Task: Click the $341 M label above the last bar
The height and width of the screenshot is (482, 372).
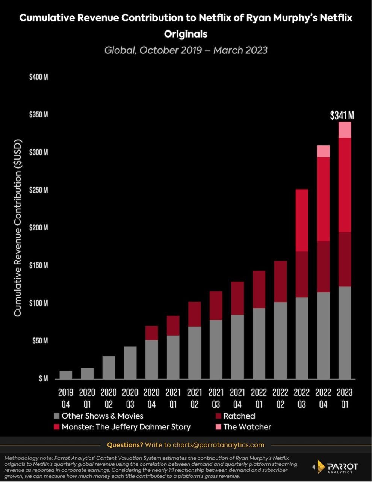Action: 342,116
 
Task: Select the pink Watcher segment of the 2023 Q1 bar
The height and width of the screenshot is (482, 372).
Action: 345,130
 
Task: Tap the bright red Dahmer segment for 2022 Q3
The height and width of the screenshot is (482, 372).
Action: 302,220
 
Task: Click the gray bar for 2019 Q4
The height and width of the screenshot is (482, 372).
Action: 66,375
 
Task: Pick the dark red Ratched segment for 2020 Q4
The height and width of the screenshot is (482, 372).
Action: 151,333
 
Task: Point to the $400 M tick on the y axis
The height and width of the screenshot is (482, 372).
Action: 39,77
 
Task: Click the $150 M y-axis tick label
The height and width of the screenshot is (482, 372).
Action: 39,265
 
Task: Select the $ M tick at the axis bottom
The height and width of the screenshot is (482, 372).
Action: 43,378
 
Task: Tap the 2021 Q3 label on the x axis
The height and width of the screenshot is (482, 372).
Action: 216,398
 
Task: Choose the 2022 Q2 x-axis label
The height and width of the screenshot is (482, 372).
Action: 280,398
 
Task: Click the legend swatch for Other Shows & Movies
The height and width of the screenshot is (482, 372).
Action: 57,416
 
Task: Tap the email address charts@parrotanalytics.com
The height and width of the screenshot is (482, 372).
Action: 218,445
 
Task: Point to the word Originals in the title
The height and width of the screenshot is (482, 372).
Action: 186,34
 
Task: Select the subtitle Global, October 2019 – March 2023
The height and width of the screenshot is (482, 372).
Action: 186,50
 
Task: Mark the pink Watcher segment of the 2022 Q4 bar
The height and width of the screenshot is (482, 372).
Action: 323,151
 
